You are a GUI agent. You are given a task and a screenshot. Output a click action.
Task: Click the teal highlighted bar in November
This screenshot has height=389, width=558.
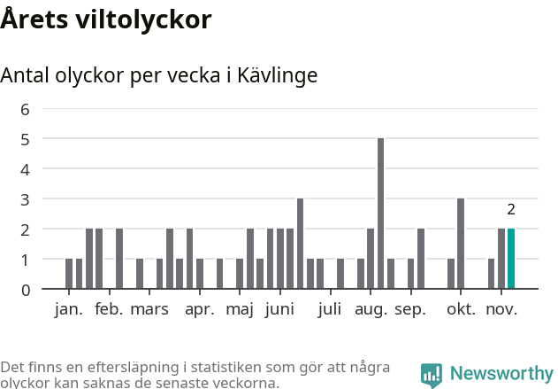tap(511, 259)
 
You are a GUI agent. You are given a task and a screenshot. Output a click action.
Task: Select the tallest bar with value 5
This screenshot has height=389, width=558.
tap(380, 214)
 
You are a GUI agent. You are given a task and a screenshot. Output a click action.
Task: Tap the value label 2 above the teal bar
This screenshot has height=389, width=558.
tap(511, 210)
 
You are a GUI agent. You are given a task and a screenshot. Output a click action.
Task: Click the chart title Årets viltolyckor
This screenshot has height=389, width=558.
tap(106, 19)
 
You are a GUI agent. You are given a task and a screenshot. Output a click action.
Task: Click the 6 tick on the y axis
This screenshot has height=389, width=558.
tap(25, 109)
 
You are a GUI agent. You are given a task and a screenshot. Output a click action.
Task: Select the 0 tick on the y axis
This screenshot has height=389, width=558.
tap(25, 289)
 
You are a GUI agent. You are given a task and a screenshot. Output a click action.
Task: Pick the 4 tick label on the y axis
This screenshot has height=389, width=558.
tap(25, 169)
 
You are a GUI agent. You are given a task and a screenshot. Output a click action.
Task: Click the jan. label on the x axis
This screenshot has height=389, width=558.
tap(69, 309)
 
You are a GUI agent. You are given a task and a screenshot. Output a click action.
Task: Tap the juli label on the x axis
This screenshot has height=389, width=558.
tap(329, 309)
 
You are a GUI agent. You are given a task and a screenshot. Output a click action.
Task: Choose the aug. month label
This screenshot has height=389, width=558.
tap(371, 309)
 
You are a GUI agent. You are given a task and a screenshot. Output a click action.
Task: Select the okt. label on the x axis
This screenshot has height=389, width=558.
tap(461, 309)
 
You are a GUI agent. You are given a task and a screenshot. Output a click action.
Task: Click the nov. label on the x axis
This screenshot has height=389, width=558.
tap(502, 309)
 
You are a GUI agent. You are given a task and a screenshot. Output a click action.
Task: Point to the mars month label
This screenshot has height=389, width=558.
tap(149, 309)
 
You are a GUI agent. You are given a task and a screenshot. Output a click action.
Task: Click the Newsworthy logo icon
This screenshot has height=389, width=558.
tap(432, 375)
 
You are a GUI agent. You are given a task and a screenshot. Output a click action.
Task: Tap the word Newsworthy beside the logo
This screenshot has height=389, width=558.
tap(501, 374)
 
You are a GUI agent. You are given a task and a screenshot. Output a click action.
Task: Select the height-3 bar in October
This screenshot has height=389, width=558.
tap(461, 244)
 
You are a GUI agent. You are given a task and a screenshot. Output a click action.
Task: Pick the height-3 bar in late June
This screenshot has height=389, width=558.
tap(301, 244)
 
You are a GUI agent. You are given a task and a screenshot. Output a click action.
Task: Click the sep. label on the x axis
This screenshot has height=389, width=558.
tap(410, 309)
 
